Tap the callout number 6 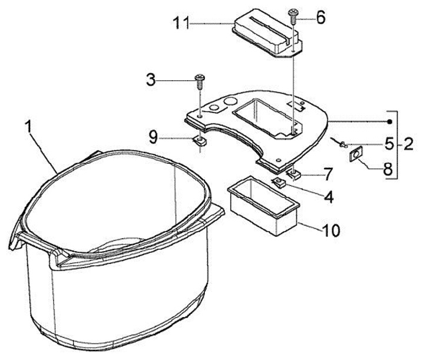[320, 17]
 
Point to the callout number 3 [151, 79]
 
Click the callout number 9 [153, 138]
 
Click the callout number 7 [328, 174]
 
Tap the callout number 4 [328, 197]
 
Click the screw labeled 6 [293, 15]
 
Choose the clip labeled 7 [294, 174]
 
